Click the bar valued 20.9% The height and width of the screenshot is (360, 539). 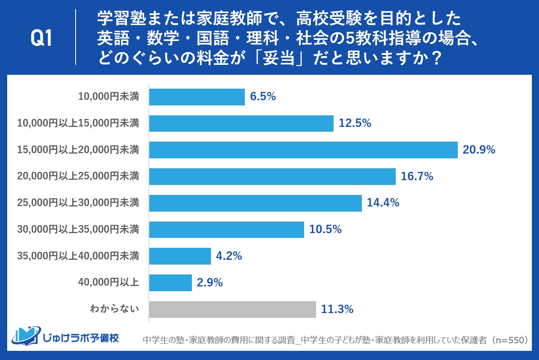pos(303,150)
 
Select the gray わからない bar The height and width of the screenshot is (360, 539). pos(232,309)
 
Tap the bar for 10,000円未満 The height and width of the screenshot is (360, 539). pos(197,97)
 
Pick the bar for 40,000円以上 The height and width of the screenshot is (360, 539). pos(170,283)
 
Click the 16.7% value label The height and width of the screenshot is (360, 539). pos(417,176)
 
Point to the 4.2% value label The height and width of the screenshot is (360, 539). pos(229,256)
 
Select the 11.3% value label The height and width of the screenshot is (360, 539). pos(337,309)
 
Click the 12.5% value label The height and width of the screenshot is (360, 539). pos(355,123)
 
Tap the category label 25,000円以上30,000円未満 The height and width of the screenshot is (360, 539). pos(78,203)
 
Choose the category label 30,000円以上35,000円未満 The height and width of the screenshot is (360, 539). pos(78,230)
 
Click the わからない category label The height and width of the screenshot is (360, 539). pos(114,309)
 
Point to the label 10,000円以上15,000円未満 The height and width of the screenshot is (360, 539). pos(78,123)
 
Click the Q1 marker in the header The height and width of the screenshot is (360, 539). pos(41,39)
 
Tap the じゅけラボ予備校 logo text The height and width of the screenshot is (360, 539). pos(81,338)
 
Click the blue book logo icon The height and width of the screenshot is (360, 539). pos(26,336)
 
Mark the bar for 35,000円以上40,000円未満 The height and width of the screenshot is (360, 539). pos(180,256)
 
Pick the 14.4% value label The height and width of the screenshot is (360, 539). pos(383,203)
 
